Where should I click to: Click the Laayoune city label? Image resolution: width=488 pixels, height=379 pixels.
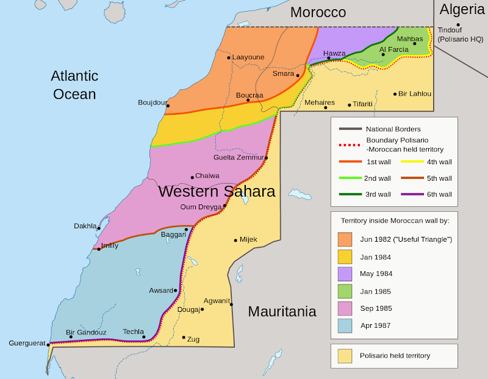tap(248, 57)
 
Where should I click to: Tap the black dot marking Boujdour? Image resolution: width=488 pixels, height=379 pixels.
tap(168, 106)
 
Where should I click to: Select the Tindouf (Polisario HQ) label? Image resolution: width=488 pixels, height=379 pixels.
tap(461, 35)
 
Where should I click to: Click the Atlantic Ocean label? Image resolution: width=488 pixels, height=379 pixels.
tap(74, 85)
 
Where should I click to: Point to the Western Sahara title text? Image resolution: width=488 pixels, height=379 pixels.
tap(217, 191)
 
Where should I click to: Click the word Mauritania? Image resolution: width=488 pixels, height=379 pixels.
tap(282, 311)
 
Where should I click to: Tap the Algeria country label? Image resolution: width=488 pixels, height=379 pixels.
tap(462, 10)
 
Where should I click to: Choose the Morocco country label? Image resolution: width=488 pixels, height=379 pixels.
tap(318, 12)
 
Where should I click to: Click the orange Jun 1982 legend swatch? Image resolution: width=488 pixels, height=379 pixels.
tap(345, 239)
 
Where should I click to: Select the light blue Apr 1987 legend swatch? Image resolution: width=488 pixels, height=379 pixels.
tap(345, 325)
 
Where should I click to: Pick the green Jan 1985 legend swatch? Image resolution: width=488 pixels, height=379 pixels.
tap(345, 291)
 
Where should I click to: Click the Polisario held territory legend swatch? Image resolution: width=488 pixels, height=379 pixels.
tap(345, 356)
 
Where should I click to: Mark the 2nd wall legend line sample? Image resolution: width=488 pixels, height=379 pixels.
tap(349, 178)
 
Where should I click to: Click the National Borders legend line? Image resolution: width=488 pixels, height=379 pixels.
tap(349, 129)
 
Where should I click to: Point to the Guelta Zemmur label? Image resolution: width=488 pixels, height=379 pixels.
tap(239, 157)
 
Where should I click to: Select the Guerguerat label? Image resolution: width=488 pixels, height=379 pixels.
tap(26, 343)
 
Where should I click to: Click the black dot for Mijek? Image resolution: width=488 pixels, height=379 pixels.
tap(235, 240)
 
